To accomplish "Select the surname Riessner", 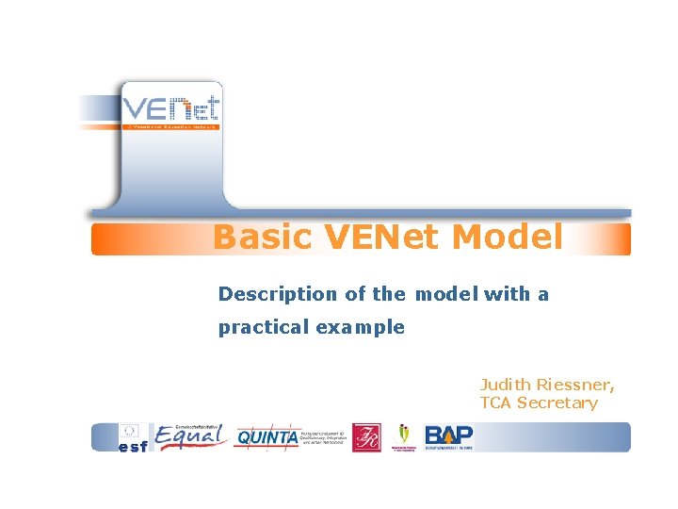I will (577, 385).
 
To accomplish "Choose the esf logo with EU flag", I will (133, 438).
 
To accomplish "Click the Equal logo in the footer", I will (191, 437).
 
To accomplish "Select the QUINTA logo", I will (266, 437).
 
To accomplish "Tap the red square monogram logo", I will (366, 437).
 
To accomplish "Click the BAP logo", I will (449, 436).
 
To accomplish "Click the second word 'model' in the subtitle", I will (446, 294).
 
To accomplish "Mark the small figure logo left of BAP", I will (405, 436).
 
